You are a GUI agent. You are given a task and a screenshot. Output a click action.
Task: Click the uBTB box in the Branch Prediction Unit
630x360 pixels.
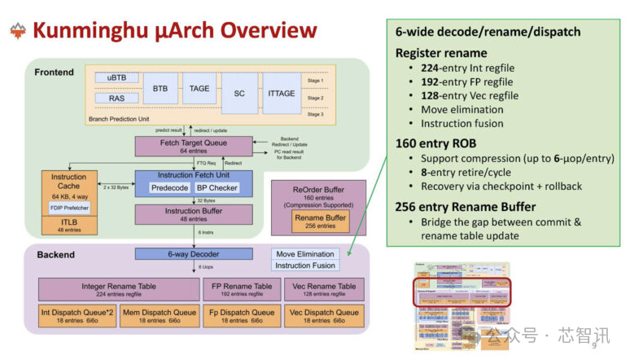tap(117, 78)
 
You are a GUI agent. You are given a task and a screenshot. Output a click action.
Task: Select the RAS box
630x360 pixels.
tap(117, 99)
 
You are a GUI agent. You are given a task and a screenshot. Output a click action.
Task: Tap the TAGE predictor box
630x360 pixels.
tap(199, 89)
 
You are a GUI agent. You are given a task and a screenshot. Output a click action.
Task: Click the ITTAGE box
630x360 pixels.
tap(281, 93)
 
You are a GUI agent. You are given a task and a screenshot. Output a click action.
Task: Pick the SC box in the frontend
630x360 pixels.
tap(238, 93)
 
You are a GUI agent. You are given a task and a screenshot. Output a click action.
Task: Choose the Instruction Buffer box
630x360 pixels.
tap(193, 214)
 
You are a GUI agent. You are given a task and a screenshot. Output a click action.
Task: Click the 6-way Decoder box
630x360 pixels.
tap(193, 253)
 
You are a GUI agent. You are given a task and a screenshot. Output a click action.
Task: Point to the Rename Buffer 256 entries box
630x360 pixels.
tap(319, 222)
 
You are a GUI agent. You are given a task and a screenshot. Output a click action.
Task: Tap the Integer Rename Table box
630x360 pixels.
tap(119, 290)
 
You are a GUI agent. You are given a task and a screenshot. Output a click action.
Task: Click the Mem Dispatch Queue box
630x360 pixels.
tap(159, 316)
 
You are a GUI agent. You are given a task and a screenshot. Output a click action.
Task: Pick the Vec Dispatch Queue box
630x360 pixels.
tap(323, 316)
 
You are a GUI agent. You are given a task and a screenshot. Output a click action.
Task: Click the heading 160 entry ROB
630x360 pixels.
tap(435, 143)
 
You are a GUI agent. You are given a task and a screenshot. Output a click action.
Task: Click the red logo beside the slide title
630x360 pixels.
tap(17, 31)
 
